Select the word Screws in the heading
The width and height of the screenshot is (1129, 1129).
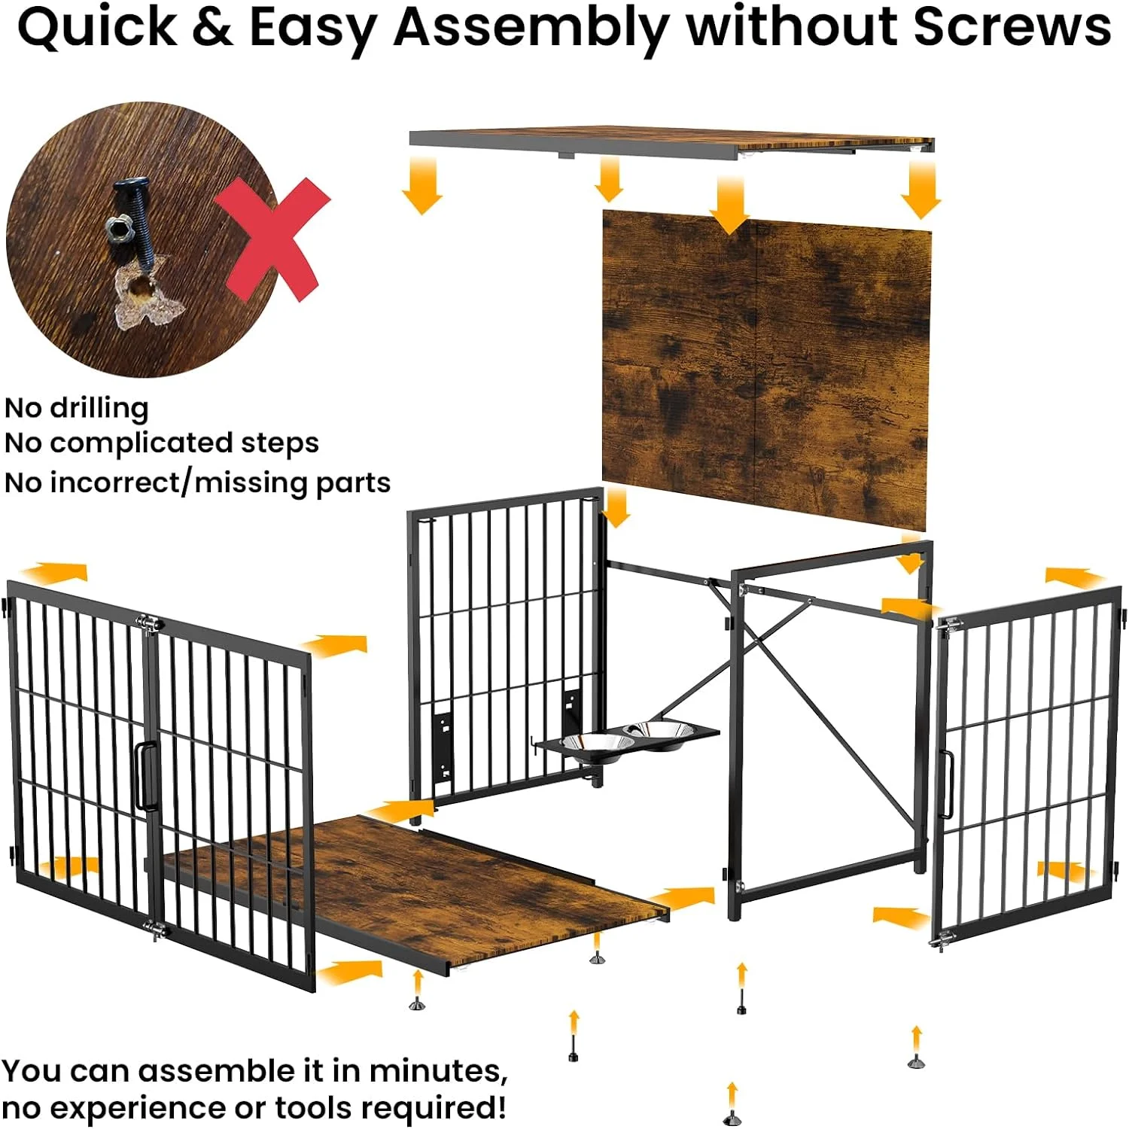coord(1012,27)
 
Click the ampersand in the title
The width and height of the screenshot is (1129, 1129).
coord(211,27)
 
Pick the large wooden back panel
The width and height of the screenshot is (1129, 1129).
coord(766,369)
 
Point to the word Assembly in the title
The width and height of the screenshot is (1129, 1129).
coord(531,27)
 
